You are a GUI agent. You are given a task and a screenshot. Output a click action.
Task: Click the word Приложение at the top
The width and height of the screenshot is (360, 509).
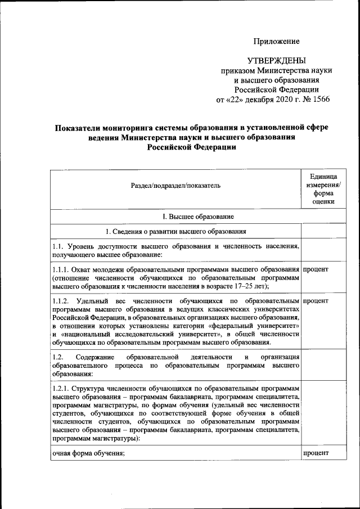pyautogui.click(x=276, y=41)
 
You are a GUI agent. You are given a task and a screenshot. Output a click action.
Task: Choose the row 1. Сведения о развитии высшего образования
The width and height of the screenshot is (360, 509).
pyautogui.click(x=175, y=231)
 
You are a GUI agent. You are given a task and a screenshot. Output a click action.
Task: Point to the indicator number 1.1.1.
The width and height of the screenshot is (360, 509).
pyautogui.click(x=61, y=269)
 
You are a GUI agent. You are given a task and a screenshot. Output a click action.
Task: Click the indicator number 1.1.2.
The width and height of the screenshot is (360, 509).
pyautogui.click(x=61, y=301)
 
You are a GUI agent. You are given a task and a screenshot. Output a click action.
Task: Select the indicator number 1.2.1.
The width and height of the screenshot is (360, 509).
pyautogui.click(x=61, y=388)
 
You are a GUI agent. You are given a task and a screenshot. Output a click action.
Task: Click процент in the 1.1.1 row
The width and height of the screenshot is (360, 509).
pyautogui.click(x=316, y=269)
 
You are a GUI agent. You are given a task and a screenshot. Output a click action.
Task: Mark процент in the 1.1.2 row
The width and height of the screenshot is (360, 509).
pyautogui.click(x=316, y=301)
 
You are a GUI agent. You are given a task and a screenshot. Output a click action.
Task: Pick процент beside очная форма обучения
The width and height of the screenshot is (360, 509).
pyautogui.click(x=316, y=453)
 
